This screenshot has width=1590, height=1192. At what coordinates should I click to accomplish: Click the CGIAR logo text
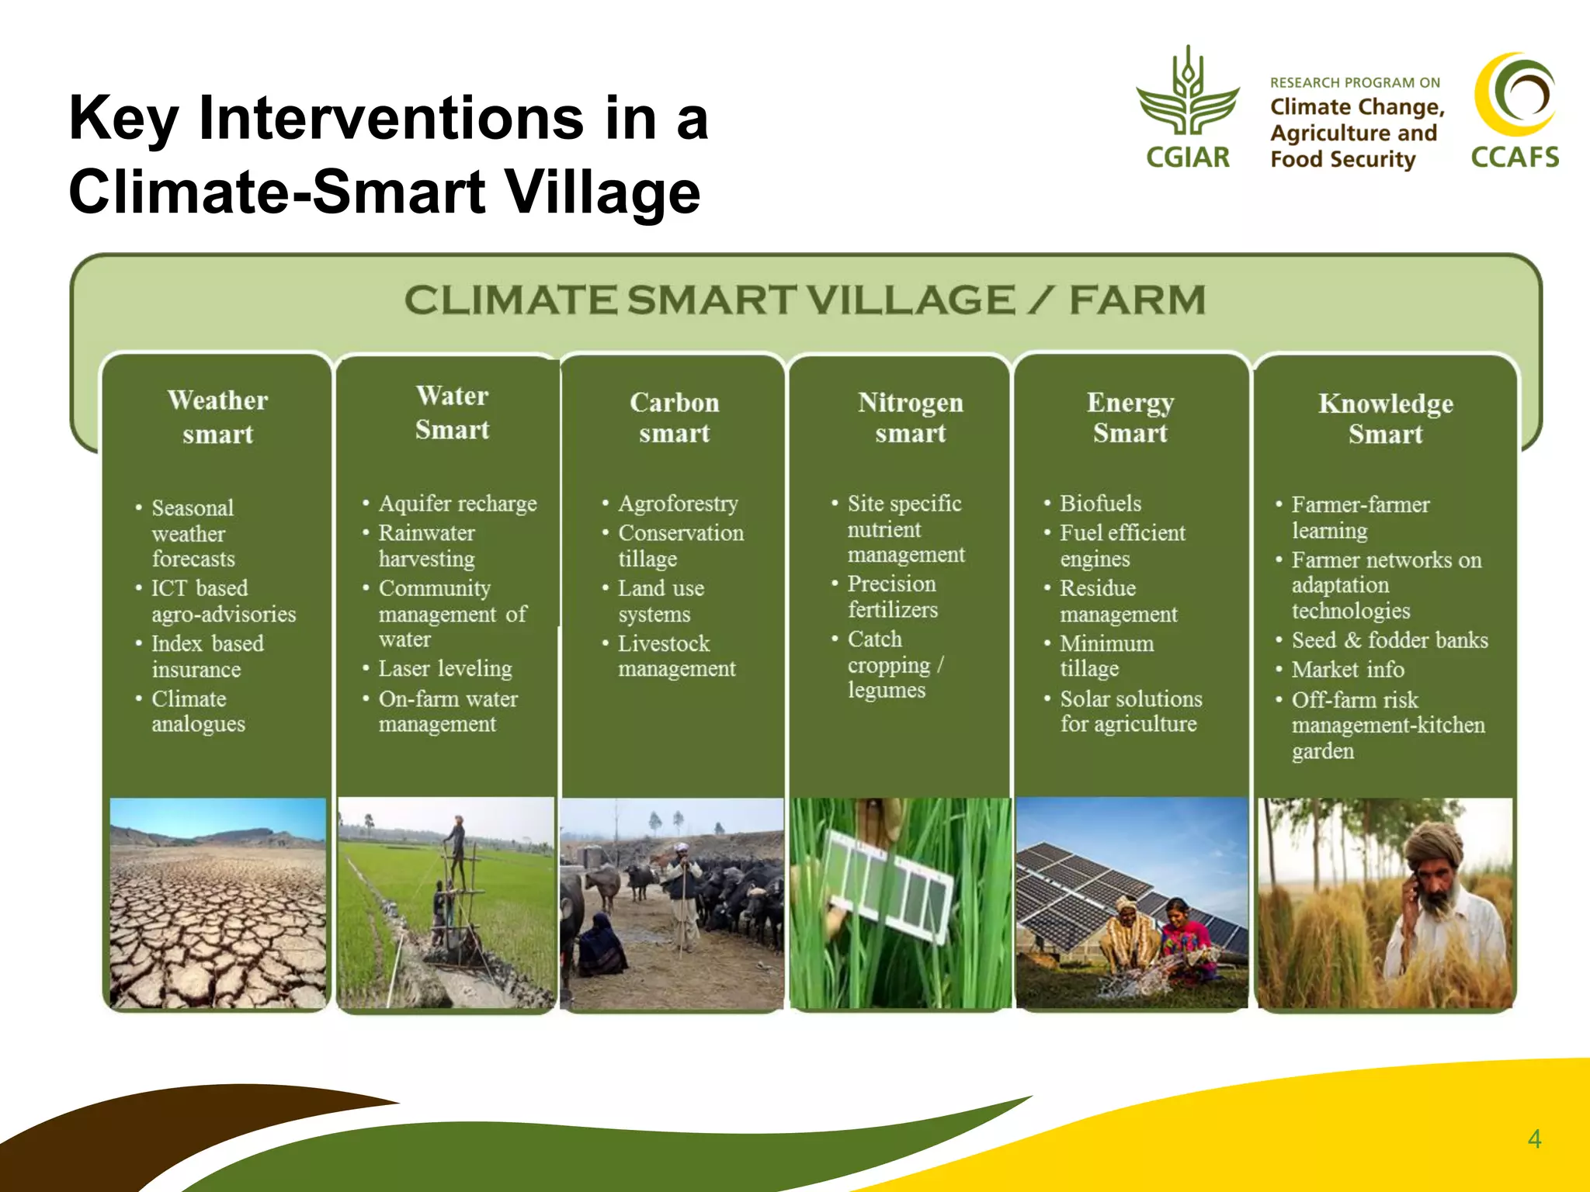coord(1187,158)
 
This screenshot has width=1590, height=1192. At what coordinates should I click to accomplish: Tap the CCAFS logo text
coord(1514,158)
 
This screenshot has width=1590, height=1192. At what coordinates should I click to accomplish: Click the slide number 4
coord(1534,1138)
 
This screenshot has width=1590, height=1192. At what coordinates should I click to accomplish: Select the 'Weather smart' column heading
coord(217,417)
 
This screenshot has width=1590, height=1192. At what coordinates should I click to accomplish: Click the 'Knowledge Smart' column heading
coord(1385,418)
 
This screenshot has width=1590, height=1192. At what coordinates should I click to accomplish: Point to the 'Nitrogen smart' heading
coord(910,418)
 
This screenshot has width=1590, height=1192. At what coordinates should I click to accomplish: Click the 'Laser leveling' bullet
coord(444,668)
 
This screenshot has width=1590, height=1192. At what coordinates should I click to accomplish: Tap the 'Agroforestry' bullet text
coord(677,504)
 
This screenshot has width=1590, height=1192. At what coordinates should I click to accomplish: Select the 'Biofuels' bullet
coord(1100,504)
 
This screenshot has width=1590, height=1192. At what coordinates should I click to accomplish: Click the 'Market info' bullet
coord(1347,670)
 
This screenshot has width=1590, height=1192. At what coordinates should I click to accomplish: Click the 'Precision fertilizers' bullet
coord(891,596)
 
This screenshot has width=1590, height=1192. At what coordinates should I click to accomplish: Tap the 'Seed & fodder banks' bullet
coord(1389,640)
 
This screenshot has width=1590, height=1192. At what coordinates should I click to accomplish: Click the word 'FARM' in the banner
coord(1137,300)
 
